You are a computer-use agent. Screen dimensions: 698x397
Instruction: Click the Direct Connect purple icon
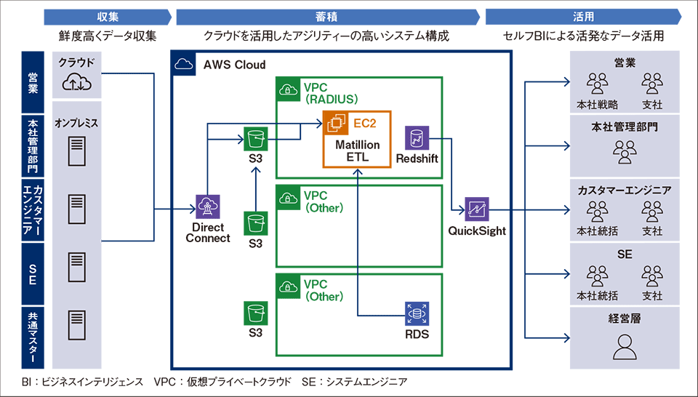(x=208, y=206)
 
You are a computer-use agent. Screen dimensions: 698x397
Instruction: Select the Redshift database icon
(x=417, y=138)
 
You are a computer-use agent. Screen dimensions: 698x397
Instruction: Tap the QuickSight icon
(x=477, y=209)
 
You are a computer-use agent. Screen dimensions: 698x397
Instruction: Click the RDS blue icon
(x=417, y=314)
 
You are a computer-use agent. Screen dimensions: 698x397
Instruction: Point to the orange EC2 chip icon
(x=336, y=124)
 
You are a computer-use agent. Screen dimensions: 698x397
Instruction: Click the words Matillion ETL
(x=358, y=151)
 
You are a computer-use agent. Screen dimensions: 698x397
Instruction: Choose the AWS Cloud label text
(x=235, y=65)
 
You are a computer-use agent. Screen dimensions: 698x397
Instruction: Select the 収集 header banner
(x=108, y=17)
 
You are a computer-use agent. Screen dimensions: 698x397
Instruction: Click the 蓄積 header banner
(x=328, y=17)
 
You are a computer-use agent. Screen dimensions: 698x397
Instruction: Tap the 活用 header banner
(x=583, y=17)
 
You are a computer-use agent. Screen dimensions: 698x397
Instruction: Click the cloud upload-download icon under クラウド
(x=76, y=83)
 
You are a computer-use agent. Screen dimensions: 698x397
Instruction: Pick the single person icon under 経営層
(x=625, y=347)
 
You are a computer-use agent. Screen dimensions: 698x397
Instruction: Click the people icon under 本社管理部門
(x=625, y=152)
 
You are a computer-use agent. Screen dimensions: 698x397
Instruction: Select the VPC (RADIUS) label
(x=331, y=93)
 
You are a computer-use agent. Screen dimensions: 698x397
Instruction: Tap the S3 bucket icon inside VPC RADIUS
(x=255, y=139)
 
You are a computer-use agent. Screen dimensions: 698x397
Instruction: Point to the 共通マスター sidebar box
(x=33, y=337)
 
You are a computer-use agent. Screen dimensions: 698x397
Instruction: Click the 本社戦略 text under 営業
(x=597, y=105)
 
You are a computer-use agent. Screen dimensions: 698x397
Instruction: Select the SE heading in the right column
(x=625, y=254)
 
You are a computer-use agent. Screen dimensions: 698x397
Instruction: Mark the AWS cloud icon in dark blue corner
(x=184, y=65)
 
